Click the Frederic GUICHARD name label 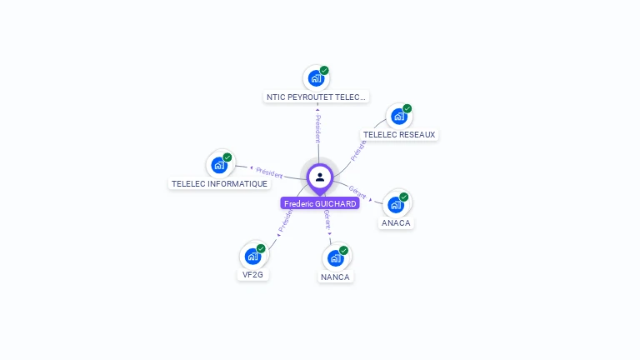pos(320,203)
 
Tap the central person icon pos(320,177)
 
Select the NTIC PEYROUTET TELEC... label pos(316,97)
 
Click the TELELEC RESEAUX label pos(399,134)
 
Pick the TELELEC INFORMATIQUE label pos(219,183)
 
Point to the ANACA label pos(396,222)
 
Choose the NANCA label pos(335,277)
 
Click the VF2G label pos(252,274)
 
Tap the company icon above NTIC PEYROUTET pos(315,78)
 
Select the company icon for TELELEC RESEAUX pos(398,116)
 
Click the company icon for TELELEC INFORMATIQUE pos(219,165)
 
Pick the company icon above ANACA pos(396,204)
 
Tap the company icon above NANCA pos(335,257)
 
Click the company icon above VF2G pos(252,256)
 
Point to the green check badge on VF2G pos(261,248)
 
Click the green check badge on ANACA pos(404,197)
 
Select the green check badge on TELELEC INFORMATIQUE pos(227,157)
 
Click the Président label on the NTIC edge pos(317,126)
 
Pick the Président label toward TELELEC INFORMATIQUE pos(268,172)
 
